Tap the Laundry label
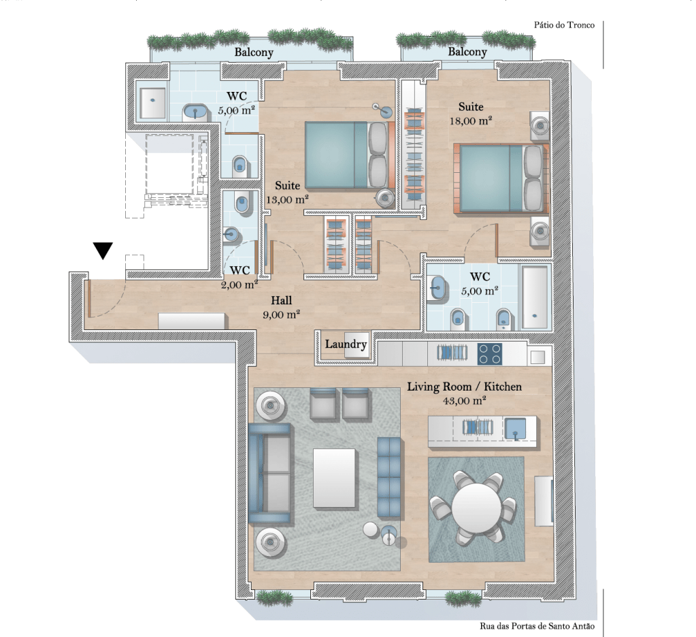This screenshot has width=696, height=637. click(346, 344)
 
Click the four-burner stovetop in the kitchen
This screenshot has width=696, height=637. click(490, 354)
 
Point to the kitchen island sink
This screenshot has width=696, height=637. click(515, 428)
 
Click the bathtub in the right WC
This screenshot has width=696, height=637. click(535, 297)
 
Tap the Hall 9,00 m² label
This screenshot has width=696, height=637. click(282, 307)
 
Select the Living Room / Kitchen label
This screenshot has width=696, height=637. click(464, 387)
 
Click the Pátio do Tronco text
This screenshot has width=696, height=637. click(564, 25)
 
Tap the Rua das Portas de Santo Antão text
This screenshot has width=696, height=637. click(537, 626)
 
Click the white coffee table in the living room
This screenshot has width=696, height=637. click(334, 478)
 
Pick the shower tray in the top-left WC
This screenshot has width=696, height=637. click(152, 103)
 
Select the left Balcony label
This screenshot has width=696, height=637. click(254, 52)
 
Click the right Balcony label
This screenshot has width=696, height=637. click(467, 52)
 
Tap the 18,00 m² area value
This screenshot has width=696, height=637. click(471, 120)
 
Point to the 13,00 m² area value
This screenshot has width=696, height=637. click(287, 199)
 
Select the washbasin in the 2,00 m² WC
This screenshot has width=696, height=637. click(231, 234)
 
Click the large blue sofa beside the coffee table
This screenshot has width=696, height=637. click(270, 473)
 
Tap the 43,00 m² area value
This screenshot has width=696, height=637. click(464, 400)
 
